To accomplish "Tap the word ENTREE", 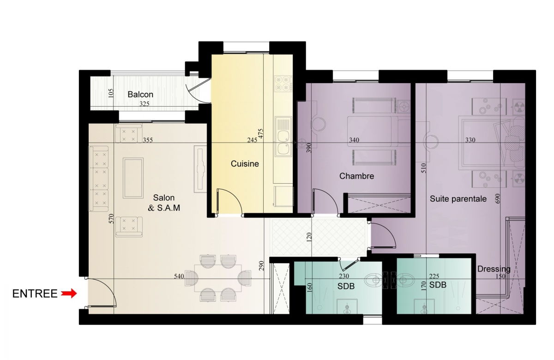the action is tap(35, 294).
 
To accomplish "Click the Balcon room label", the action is tap(140, 94).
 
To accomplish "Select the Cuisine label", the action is tap(245, 163).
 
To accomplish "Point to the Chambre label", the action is tap(356, 176).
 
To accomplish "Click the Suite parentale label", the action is tap(458, 198).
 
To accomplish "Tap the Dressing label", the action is tap(494, 269).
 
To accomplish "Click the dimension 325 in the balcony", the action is tap(145, 104).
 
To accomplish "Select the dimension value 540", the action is tap(179, 276).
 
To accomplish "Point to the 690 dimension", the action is tap(498, 198).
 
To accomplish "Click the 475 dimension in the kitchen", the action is tap(261, 133).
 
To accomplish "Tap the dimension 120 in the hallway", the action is tap(309, 237).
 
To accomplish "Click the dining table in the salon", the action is tap(218, 278).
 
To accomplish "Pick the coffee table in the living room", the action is tap(133, 178).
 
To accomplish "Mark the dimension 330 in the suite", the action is tap(470, 140).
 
